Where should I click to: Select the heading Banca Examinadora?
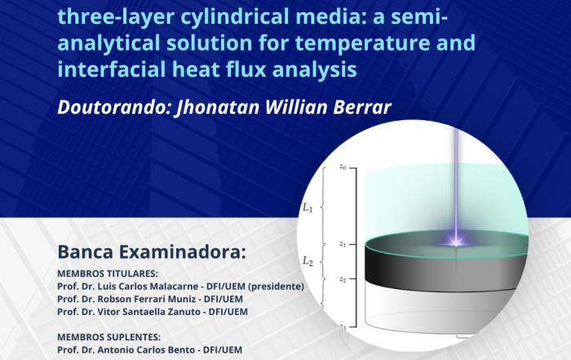click(152, 251)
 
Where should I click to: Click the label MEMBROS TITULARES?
click(108, 273)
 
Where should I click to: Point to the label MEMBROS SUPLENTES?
click(108, 336)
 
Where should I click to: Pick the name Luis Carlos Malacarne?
click(148, 287)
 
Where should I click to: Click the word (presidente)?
click(276, 287)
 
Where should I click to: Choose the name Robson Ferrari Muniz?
click(147, 299)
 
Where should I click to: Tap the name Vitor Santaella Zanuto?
click(149, 312)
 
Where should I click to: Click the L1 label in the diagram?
click(308, 207)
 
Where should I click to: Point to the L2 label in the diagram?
click(308, 261)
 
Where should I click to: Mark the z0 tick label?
click(343, 167)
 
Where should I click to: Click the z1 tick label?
click(343, 244)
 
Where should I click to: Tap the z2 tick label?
click(343, 279)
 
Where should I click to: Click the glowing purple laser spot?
click(455, 241)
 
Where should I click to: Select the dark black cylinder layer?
click(446, 268)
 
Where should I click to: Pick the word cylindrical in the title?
click(234, 17)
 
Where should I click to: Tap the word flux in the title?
click(246, 69)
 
